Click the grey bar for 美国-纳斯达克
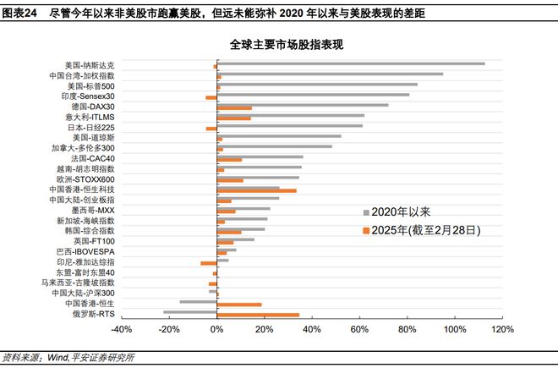350,63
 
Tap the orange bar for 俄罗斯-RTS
258,315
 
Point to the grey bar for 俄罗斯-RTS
189,311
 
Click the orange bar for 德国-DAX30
234,107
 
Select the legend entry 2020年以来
397,211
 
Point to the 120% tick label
501,329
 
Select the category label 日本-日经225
90,126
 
